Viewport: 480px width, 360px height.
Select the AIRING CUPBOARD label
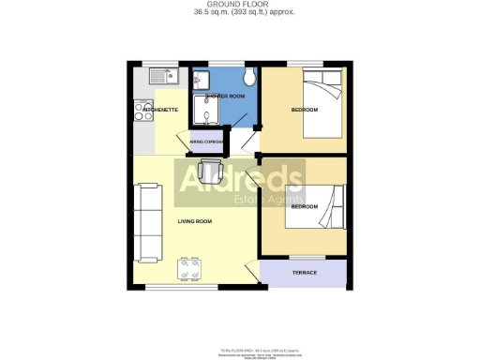pos(206,143)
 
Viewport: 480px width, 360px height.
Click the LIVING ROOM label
pos(195,221)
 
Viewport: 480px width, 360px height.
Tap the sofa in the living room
pos(149,222)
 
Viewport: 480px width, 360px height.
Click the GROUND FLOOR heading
pos(239,5)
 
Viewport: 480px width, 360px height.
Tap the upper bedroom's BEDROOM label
pos(305,111)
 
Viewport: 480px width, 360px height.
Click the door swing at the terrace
pos(251,274)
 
